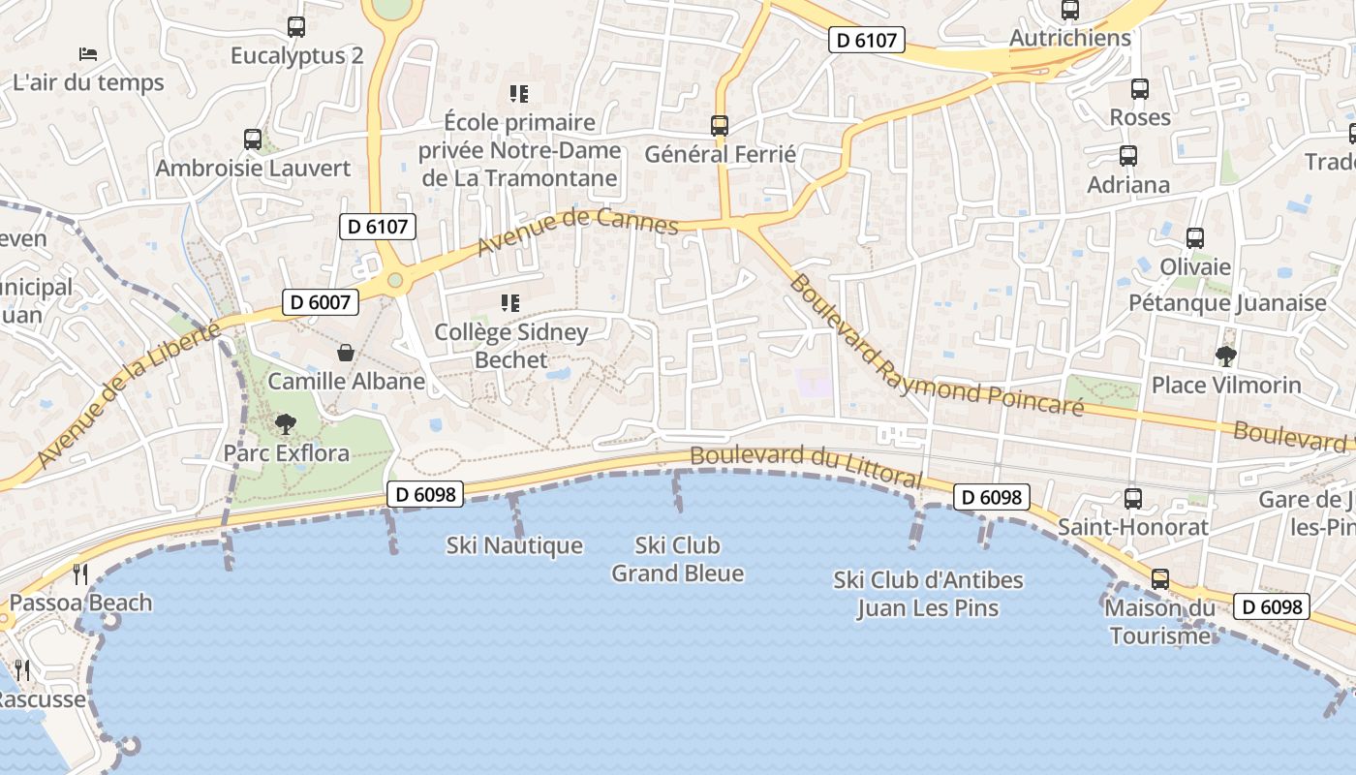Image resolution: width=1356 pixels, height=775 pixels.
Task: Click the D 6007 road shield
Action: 321,302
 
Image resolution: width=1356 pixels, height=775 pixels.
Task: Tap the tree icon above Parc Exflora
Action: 286,423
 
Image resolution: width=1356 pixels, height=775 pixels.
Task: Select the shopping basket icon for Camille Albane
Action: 345,353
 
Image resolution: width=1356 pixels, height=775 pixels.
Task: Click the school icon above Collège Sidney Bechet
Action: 510,303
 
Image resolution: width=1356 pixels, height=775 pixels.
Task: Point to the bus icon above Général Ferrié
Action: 719,126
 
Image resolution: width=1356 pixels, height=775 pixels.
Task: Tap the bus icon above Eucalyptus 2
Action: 296,28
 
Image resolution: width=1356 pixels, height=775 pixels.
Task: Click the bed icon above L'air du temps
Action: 88,54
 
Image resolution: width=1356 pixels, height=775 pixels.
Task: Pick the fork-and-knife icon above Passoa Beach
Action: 79,574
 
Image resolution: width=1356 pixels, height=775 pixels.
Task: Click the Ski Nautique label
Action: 514,546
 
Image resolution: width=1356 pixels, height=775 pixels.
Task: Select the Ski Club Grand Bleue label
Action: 677,559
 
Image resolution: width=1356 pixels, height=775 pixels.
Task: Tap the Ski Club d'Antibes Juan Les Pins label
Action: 928,594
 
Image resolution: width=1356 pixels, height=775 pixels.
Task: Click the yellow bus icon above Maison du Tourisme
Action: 1159,579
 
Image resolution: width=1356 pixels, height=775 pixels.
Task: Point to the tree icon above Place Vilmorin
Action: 1226,356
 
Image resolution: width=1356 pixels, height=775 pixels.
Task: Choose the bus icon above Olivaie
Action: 1195,238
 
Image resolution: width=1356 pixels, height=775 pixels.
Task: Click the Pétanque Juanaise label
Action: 1227,303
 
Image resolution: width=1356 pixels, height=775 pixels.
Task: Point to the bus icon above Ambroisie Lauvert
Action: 253,139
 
